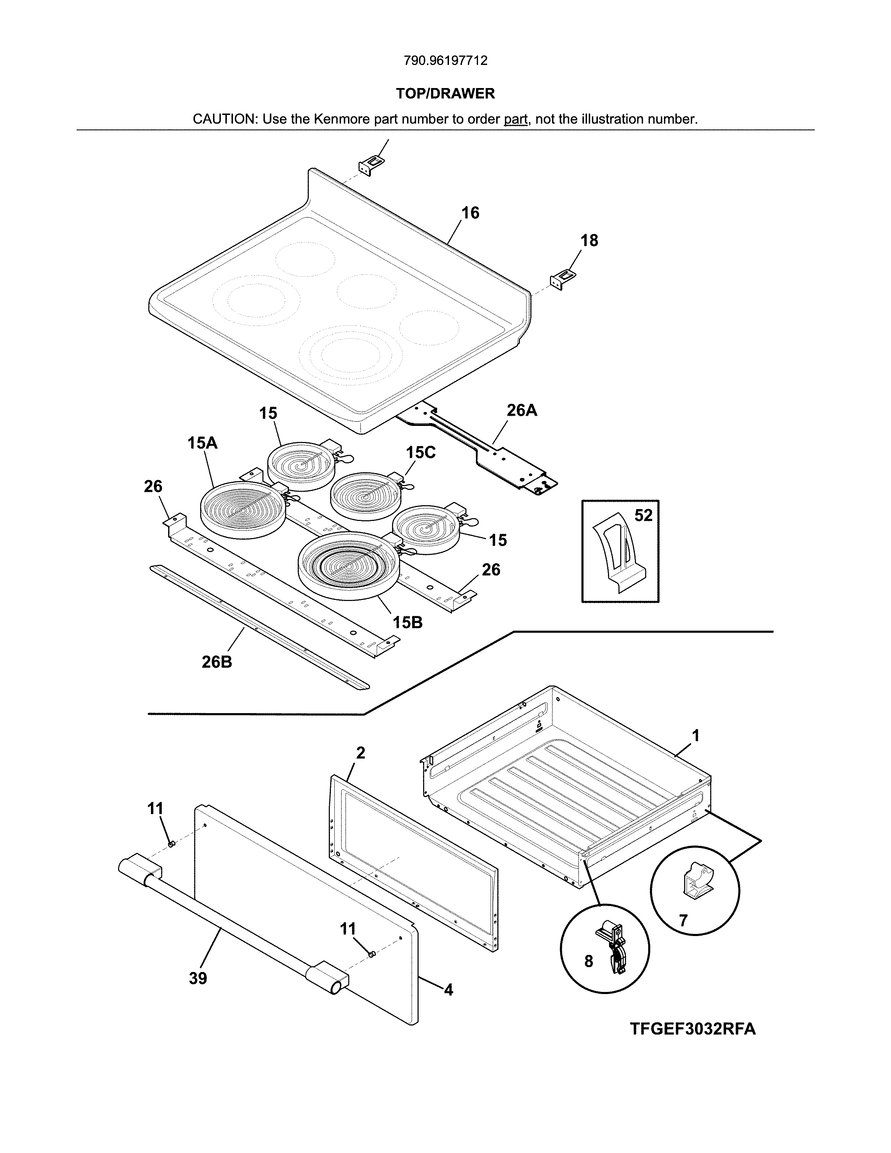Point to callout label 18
pyautogui.click(x=589, y=241)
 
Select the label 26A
pyautogui.click(x=522, y=410)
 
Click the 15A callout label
pyautogui.click(x=202, y=443)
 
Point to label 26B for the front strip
pyautogui.click(x=216, y=661)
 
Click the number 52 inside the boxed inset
pyautogui.click(x=643, y=515)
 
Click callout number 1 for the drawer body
pyautogui.click(x=696, y=735)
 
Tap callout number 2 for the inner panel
pyautogui.click(x=361, y=753)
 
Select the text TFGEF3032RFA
pyautogui.click(x=693, y=1029)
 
